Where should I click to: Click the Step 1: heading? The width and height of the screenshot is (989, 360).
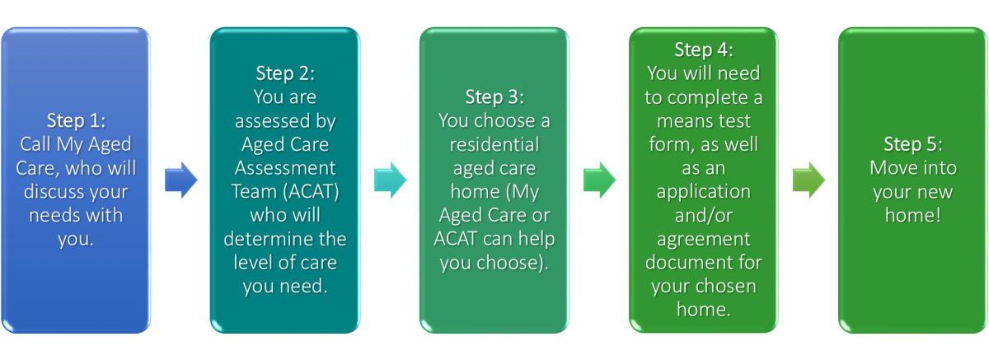pyautogui.click(x=76, y=121)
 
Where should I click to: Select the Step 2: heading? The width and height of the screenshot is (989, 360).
pyautogui.click(x=284, y=73)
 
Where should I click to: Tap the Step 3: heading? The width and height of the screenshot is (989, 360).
pyautogui.click(x=494, y=97)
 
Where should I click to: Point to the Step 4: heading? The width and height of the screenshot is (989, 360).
pyautogui.click(x=703, y=49)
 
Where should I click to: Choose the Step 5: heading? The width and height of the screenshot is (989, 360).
pyautogui.click(x=912, y=145)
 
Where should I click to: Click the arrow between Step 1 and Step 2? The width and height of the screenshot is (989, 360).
pyautogui.click(x=180, y=180)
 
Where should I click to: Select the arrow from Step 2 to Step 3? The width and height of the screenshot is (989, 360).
pyautogui.click(x=390, y=180)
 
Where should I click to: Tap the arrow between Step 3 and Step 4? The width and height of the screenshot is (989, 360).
pyautogui.click(x=599, y=180)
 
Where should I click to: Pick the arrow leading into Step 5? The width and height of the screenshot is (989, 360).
pyautogui.click(x=809, y=180)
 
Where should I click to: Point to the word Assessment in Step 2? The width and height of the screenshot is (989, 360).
pyautogui.click(x=284, y=169)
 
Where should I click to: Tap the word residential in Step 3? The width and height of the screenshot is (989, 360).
pyautogui.click(x=494, y=145)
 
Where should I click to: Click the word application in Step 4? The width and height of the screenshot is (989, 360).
pyautogui.click(x=703, y=193)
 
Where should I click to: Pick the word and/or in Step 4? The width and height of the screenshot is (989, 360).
pyautogui.click(x=703, y=217)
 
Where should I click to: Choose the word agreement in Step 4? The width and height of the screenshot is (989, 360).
pyautogui.click(x=703, y=241)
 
